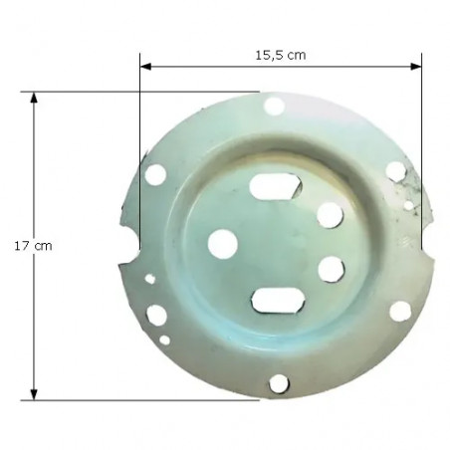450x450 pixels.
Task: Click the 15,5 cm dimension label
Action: [x=281, y=55]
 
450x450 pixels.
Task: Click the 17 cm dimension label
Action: [x=33, y=246]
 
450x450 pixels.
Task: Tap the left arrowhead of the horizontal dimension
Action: [x=145, y=67]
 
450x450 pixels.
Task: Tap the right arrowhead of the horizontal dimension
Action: [x=416, y=67]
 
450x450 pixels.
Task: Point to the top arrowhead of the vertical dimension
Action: [x=34, y=98]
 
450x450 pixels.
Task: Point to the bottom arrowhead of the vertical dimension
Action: [x=34, y=394]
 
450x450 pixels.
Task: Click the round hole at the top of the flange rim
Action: [x=274, y=107]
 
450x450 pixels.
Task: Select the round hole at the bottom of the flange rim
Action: [x=279, y=384]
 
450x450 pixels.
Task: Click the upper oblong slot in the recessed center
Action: [x=276, y=186]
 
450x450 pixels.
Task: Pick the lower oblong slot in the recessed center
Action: [x=278, y=301]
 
